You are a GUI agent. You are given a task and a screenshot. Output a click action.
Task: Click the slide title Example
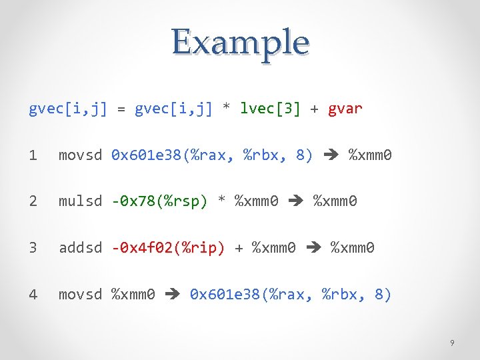pyautogui.click(x=240, y=42)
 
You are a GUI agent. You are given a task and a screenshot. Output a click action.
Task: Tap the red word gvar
pyautogui.click(x=345, y=109)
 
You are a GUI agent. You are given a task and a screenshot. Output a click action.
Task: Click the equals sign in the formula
pyautogui.click(x=121, y=109)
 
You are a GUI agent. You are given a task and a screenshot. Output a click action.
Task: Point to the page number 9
pyautogui.click(x=452, y=343)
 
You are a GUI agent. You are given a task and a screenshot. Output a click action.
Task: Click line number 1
pyautogui.click(x=33, y=155)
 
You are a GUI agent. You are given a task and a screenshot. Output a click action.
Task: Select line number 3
pyautogui.click(x=33, y=248)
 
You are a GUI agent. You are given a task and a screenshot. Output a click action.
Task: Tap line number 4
pyautogui.click(x=33, y=294)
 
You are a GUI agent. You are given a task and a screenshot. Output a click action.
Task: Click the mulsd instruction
pyautogui.click(x=80, y=201)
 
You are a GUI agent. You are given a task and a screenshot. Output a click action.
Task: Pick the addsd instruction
pyautogui.click(x=80, y=248)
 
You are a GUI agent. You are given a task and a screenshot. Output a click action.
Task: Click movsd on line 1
pyautogui.click(x=80, y=155)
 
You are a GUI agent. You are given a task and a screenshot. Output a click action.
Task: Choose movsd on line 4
pyautogui.click(x=80, y=294)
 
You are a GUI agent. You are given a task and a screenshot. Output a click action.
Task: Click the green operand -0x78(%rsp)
pyautogui.click(x=160, y=201)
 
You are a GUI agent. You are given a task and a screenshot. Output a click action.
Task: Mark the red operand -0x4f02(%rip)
pyautogui.click(x=168, y=248)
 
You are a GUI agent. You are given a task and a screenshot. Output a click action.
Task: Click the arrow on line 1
pyautogui.click(x=331, y=156)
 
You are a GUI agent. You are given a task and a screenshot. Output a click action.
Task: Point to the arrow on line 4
pyautogui.click(x=173, y=295)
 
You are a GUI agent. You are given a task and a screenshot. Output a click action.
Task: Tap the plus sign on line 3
pyautogui.click(x=239, y=248)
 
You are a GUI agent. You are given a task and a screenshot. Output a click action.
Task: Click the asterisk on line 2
pyautogui.click(x=223, y=201)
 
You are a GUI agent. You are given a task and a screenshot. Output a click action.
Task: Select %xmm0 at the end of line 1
pyautogui.click(x=371, y=155)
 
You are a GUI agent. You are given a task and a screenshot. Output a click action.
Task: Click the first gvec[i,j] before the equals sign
pyautogui.click(x=68, y=109)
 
